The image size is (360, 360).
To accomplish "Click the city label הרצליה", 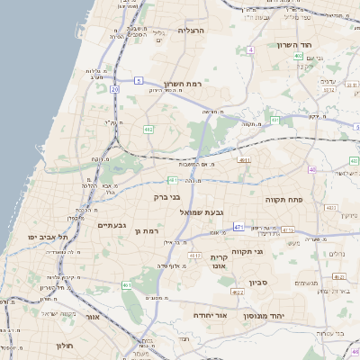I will coord(192,31).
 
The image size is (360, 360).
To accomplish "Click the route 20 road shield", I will coord(115,89).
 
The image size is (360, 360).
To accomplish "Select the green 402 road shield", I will coord(298,56).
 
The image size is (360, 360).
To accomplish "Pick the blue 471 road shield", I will coord(238,228).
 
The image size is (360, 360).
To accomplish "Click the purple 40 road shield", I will coord(312,168).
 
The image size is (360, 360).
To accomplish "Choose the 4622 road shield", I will coord(237,292).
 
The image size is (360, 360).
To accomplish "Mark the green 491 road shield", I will coord(128,284).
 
